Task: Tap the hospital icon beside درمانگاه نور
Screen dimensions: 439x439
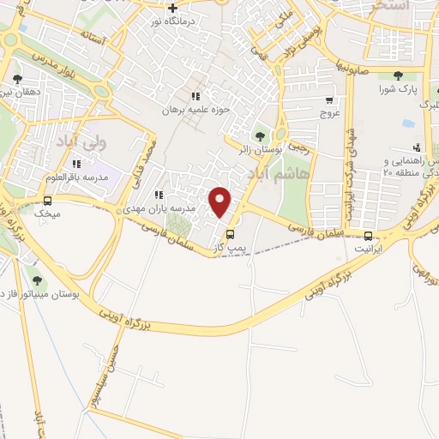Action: click(x=173, y=9)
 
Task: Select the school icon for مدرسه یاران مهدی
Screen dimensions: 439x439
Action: click(x=159, y=195)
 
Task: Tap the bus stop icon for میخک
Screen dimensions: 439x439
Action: click(x=47, y=201)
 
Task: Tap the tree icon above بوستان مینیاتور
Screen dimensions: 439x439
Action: click(x=36, y=279)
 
